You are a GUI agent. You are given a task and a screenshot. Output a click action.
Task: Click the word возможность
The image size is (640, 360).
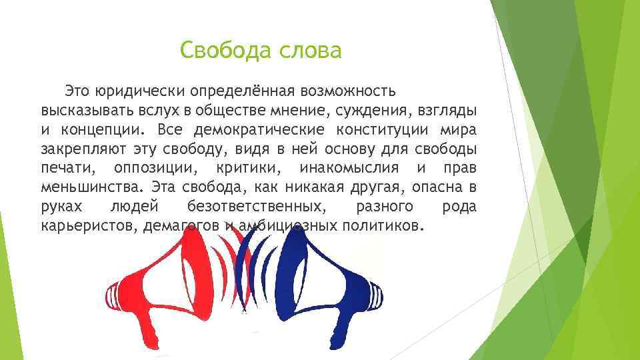point(351,90)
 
